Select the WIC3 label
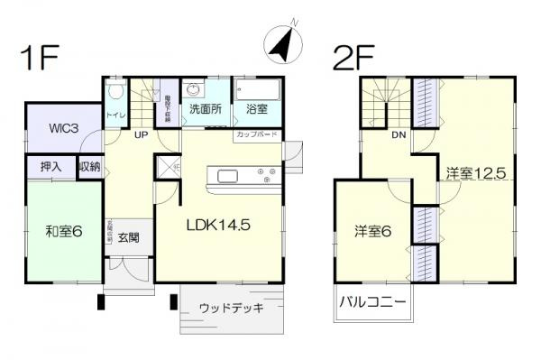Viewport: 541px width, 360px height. tap(62, 128)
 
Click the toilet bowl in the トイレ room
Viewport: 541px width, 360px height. tap(114, 93)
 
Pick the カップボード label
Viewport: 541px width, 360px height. tap(258, 134)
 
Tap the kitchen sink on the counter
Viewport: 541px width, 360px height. tap(225, 173)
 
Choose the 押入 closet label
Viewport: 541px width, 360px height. tap(51, 167)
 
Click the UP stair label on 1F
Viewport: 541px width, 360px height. tap(141, 134)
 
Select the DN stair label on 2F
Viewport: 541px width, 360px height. tap(398, 134)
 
